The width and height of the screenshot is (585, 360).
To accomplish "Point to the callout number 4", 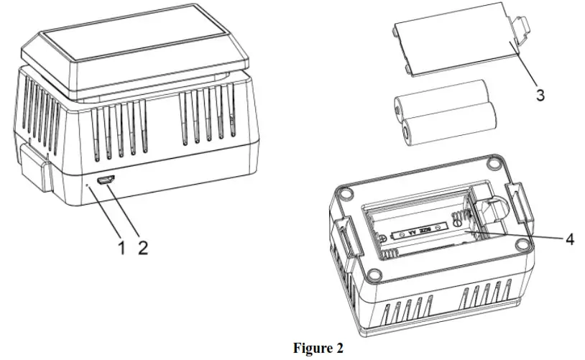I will pos(569,239).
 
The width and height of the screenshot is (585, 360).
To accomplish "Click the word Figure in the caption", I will pos(311,349).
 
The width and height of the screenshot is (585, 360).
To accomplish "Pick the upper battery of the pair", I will pos(440,101).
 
